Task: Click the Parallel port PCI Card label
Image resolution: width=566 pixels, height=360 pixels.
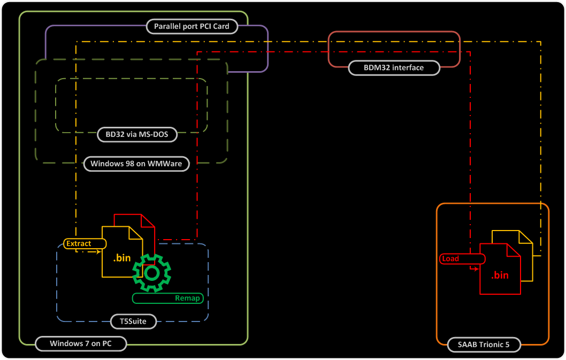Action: click(191, 26)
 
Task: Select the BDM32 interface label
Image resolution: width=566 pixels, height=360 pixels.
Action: click(394, 68)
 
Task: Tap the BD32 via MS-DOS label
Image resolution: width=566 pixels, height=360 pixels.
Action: click(137, 134)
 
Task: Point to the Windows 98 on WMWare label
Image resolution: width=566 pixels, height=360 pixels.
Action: click(136, 164)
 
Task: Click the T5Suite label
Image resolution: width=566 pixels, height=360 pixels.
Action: click(129, 321)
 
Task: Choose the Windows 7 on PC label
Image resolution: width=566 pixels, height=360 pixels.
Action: click(80, 343)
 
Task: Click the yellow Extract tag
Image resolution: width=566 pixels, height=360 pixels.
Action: click(79, 243)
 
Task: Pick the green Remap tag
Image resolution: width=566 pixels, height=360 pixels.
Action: click(167, 298)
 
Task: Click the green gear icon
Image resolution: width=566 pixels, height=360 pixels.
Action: click(152, 273)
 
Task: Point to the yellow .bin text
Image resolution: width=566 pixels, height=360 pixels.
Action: click(121, 258)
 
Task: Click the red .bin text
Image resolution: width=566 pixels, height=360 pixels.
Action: click(500, 275)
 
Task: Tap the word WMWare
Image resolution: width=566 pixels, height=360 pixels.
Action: click(165, 164)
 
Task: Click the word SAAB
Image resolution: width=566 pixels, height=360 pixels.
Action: click(467, 344)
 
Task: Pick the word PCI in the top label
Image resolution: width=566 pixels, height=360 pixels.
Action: click(204, 26)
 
